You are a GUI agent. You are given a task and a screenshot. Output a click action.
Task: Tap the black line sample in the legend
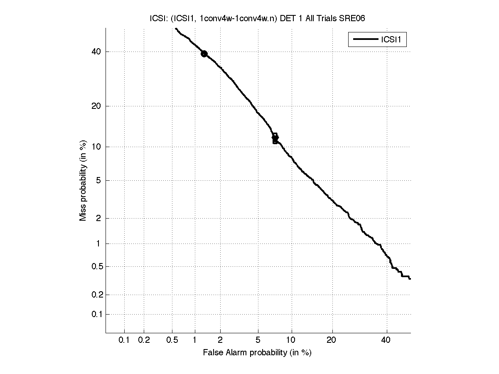[x=364, y=40]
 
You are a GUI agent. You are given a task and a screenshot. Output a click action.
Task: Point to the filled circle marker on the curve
[x=204, y=54]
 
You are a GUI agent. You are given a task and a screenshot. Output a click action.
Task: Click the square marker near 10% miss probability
[x=275, y=141]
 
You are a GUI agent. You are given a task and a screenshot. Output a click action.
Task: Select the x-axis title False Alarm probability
[x=257, y=353]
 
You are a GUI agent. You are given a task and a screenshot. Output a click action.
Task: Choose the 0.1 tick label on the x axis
[x=124, y=340]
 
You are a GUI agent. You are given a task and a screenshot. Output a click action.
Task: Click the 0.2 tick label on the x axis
[x=144, y=340]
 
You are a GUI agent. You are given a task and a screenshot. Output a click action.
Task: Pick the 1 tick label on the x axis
[x=195, y=340]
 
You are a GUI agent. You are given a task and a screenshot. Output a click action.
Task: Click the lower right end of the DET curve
[x=410, y=278]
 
